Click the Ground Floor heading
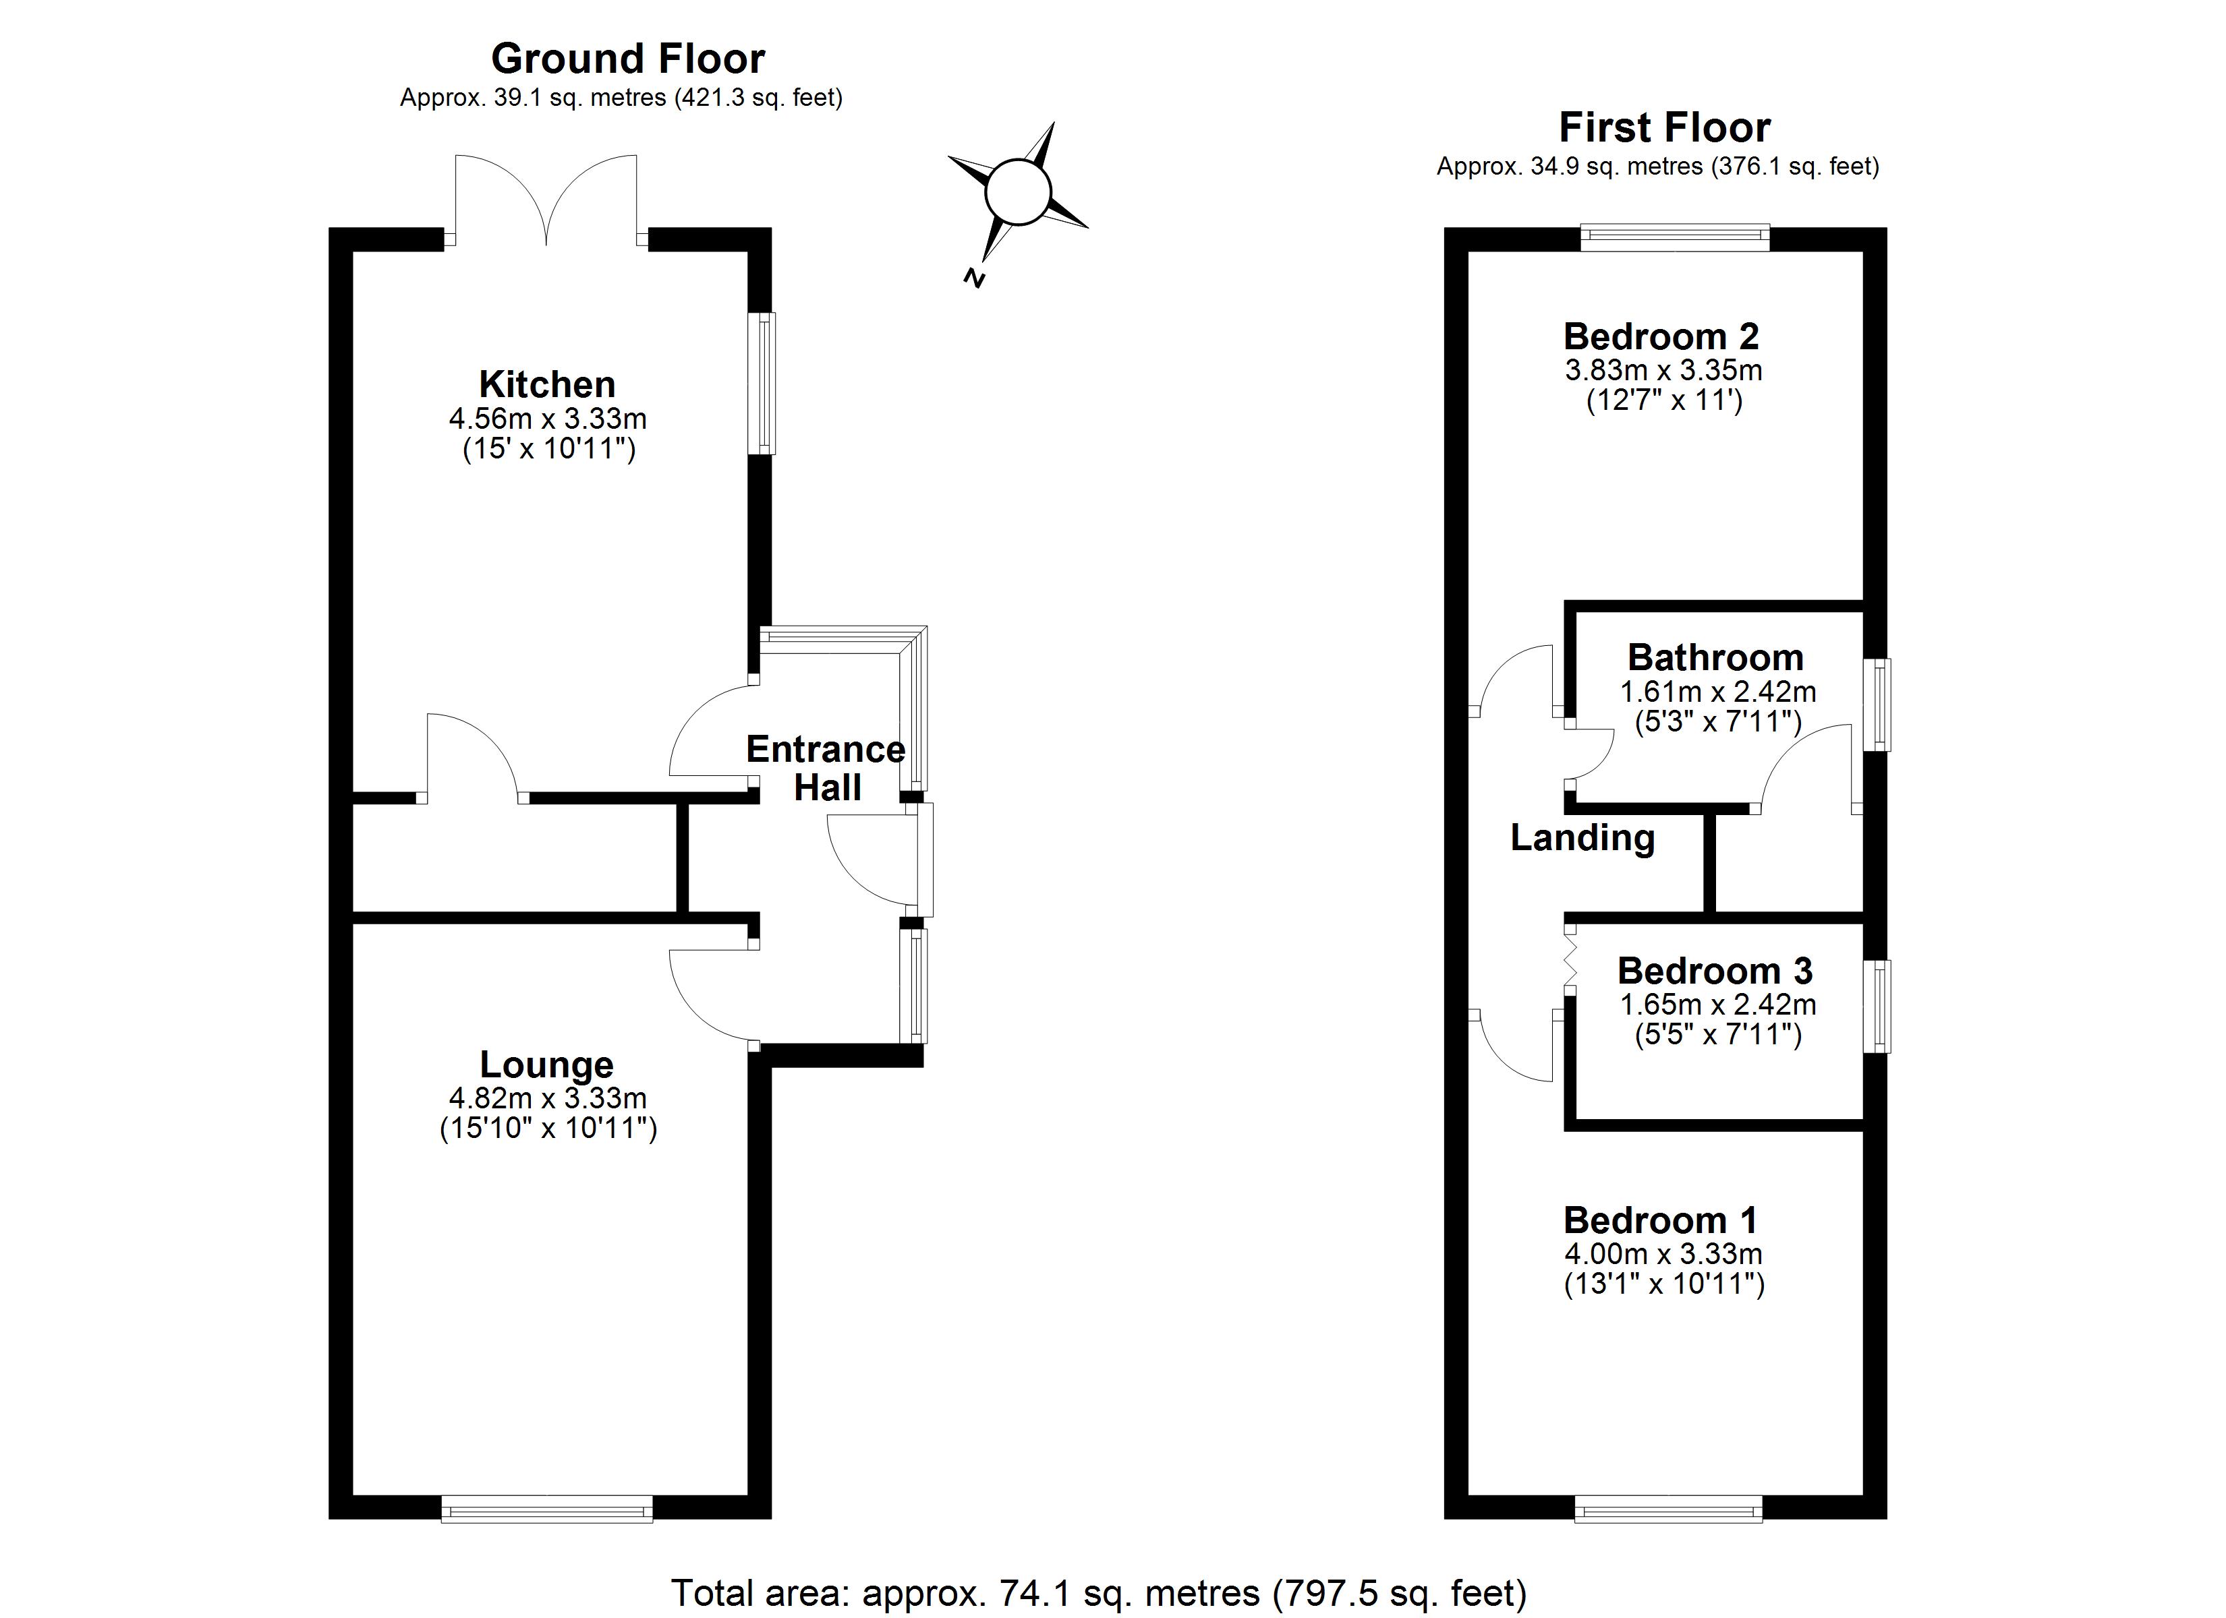628,59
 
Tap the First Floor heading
1665,127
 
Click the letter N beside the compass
973,278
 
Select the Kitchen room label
548,384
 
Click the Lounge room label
546,1065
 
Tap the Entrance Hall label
826,769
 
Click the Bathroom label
1715,657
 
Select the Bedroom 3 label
1715,971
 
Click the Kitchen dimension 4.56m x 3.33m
548,419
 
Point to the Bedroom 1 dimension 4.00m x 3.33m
1663,1254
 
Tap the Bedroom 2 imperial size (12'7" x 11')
1665,400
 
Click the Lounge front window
546,1509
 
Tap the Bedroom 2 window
1676,239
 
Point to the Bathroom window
1877,705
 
